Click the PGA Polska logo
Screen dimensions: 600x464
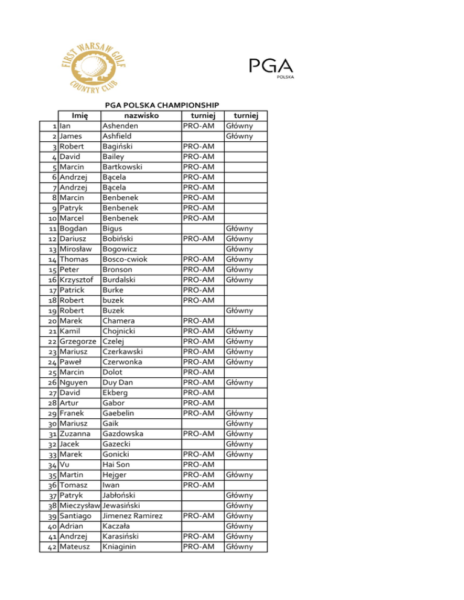click(x=271, y=68)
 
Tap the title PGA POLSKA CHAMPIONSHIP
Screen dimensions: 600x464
click(x=162, y=106)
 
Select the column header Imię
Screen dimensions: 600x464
click(x=80, y=116)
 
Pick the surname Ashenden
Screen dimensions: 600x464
click(x=120, y=126)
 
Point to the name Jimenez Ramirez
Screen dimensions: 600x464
click(x=132, y=516)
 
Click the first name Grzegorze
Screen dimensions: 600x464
click(x=80, y=342)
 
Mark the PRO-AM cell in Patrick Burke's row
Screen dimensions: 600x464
click(x=200, y=290)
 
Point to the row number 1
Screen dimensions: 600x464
click(x=55, y=126)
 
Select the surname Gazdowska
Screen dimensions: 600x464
click(x=123, y=434)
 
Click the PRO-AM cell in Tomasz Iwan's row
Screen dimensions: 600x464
click(x=200, y=485)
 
